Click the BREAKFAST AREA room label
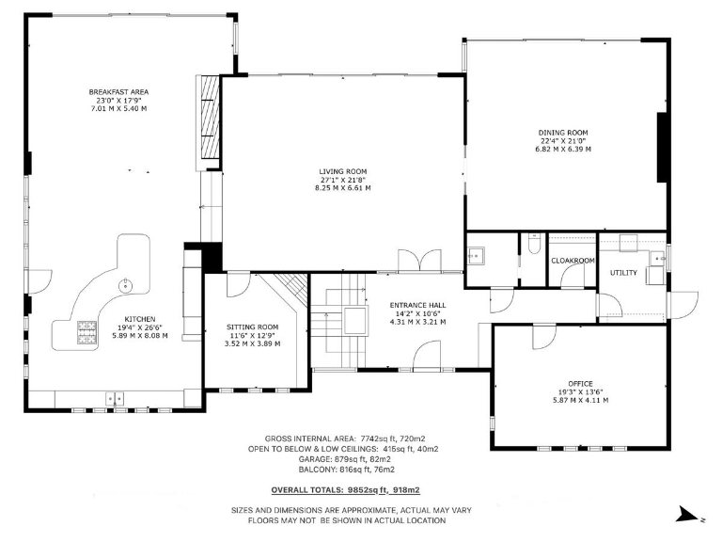(x=118, y=91)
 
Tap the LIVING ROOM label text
(x=342, y=171)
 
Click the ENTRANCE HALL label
(x=417, y=305)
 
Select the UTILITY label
(x=623, y=273)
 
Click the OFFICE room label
(x=580, y=384)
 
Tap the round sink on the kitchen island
(x=125, y=284)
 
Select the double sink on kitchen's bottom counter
(x=118, y=399)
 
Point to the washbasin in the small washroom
(x=477, y=255)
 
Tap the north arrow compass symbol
(x=684, y=514)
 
